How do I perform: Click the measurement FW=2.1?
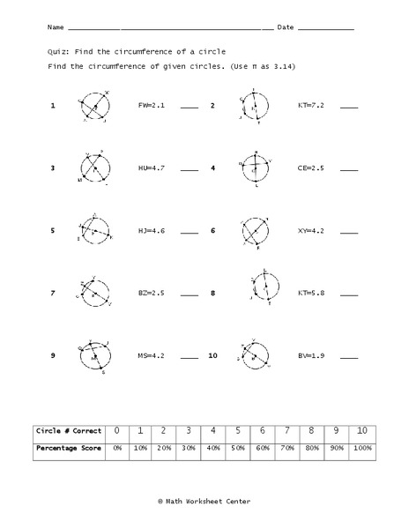click(152, 105)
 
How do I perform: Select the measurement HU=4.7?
click(152, 168)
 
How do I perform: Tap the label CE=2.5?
click(311, 168)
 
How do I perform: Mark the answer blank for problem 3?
click(190, 169)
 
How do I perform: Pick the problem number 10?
click(212, 355)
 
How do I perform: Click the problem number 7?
click(53, 292)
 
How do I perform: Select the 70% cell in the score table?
click(287, 448)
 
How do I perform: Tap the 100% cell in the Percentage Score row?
click(361, 448)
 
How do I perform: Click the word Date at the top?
click(286, 28)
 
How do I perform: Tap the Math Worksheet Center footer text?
click(204, 501)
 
